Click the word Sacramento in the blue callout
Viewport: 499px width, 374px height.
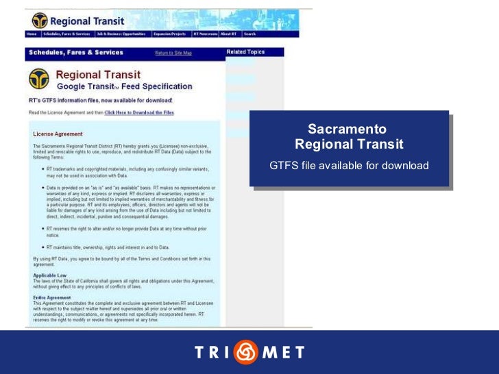pos(347,129)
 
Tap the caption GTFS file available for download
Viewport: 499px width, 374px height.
pos(349,166)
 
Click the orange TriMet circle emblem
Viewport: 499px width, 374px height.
pos(245,353)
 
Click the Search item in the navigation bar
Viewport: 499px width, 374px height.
pos(249,34)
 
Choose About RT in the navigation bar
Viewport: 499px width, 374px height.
pos(230,34)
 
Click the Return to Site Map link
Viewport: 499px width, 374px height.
pos(173,53)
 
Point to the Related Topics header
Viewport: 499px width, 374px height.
pos(245,52)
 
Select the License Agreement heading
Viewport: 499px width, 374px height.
pos(58,134)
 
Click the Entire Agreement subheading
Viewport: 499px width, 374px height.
pos(51,298)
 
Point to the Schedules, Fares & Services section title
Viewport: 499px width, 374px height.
pos(75,53)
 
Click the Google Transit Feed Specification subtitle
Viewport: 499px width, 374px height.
pos(124,87)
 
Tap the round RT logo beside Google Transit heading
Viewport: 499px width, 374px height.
pos(38,79)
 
